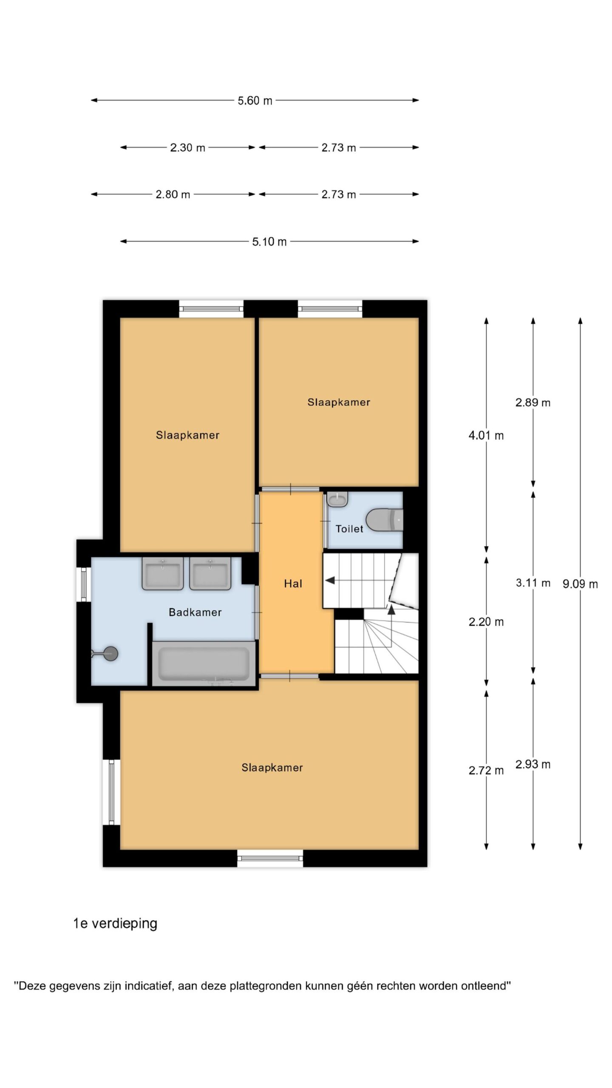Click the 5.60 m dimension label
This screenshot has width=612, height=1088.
255,101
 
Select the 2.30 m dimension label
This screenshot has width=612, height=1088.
187,148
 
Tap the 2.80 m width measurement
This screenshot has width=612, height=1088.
173,195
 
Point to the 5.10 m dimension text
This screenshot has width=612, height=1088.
269,242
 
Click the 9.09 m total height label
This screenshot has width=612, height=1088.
580,584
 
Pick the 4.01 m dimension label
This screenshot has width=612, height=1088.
486,436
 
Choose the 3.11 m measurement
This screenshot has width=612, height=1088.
533,583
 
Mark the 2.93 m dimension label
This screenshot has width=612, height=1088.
533,765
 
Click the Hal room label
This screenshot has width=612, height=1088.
293,584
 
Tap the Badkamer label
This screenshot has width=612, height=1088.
195,612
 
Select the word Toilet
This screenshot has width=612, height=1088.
349,529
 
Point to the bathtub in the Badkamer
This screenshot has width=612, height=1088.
204,663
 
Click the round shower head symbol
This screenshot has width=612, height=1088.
110,653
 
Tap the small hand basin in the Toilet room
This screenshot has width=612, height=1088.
338,499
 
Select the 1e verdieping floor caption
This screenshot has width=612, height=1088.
115,924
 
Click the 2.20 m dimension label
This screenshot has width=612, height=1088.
486,622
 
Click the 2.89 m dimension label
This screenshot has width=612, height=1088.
533,402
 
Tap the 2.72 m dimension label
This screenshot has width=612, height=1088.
486,771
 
